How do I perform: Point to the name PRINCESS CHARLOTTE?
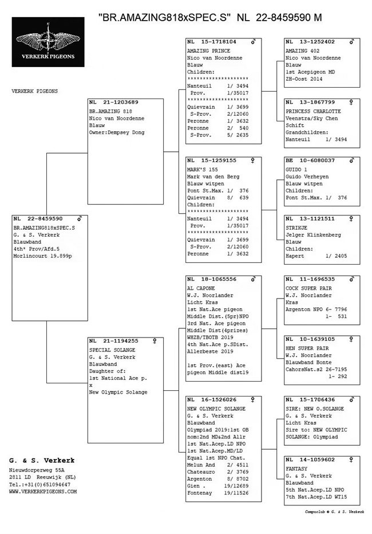tap(312, 111)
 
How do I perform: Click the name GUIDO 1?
tap(296, 170)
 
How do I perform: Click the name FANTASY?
tap(297, 468)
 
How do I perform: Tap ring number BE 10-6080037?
tap(310, 161)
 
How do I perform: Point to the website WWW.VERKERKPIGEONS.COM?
tap(43, 492)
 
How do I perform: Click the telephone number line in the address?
tap(39, 484)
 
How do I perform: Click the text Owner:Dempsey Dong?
tap(117, 133)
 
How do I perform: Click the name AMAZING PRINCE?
tap(208, 50)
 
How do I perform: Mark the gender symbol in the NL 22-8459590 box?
tap(80, 218)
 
